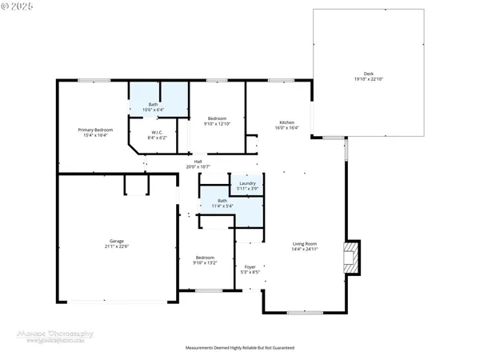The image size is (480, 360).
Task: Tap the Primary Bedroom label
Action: pyautogui.click(x=95, y=130)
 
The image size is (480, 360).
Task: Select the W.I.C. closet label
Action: pyautogui.click(x=158, y=132)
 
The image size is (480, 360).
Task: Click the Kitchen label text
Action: pyautogui.click(x=287, y=122)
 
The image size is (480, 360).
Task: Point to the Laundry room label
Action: pyautogui.click(x=247, y=183)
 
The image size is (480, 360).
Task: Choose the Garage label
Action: pyautogui.click(x=117, y=240)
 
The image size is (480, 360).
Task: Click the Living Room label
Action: pyautogui.click(x=304, y=243)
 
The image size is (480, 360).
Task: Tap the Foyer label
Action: pyautogui.click(x=250, y=267)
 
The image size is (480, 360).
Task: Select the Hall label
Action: pyautogui.click(x=198, y=161)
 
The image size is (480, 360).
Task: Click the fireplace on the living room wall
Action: pyautogui.click(x=351, y=257)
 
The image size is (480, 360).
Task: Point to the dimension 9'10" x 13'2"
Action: pyautogui.click(x=206, y=262)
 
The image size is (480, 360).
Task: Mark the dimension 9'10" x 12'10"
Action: pyautogui.click(x=217, y=124)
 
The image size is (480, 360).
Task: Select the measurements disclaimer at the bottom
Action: pyautogui.click(x=239, y=349)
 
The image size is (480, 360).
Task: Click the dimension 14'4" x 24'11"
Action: pyautogui.click(x=304, y=249)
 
